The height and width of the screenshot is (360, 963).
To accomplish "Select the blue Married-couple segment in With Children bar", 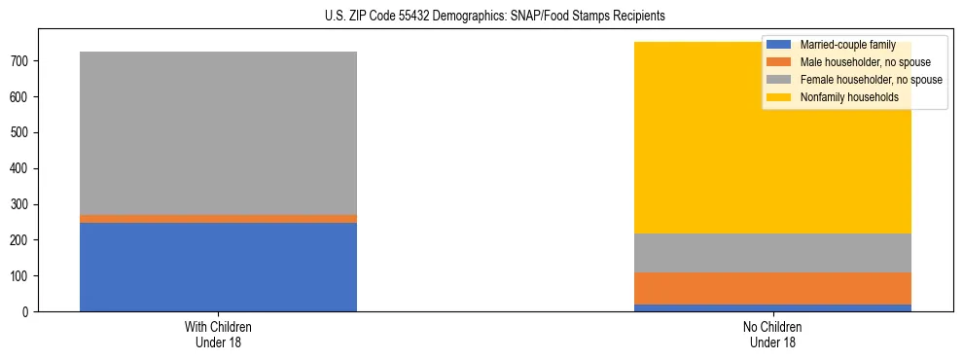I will coord(218,267).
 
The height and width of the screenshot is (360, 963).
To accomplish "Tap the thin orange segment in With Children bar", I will coord(218,219).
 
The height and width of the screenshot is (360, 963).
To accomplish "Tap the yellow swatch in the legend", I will coord(779,97).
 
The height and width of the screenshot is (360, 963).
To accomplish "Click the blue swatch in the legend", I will coord(779,45).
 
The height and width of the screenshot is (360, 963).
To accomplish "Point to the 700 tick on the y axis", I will coord(22,61).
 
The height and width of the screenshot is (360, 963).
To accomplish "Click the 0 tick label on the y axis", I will coord(29,311).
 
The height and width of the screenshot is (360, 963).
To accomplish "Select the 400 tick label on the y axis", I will coord(22,168).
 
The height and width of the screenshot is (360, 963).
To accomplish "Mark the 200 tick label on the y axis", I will coord(22,240).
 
